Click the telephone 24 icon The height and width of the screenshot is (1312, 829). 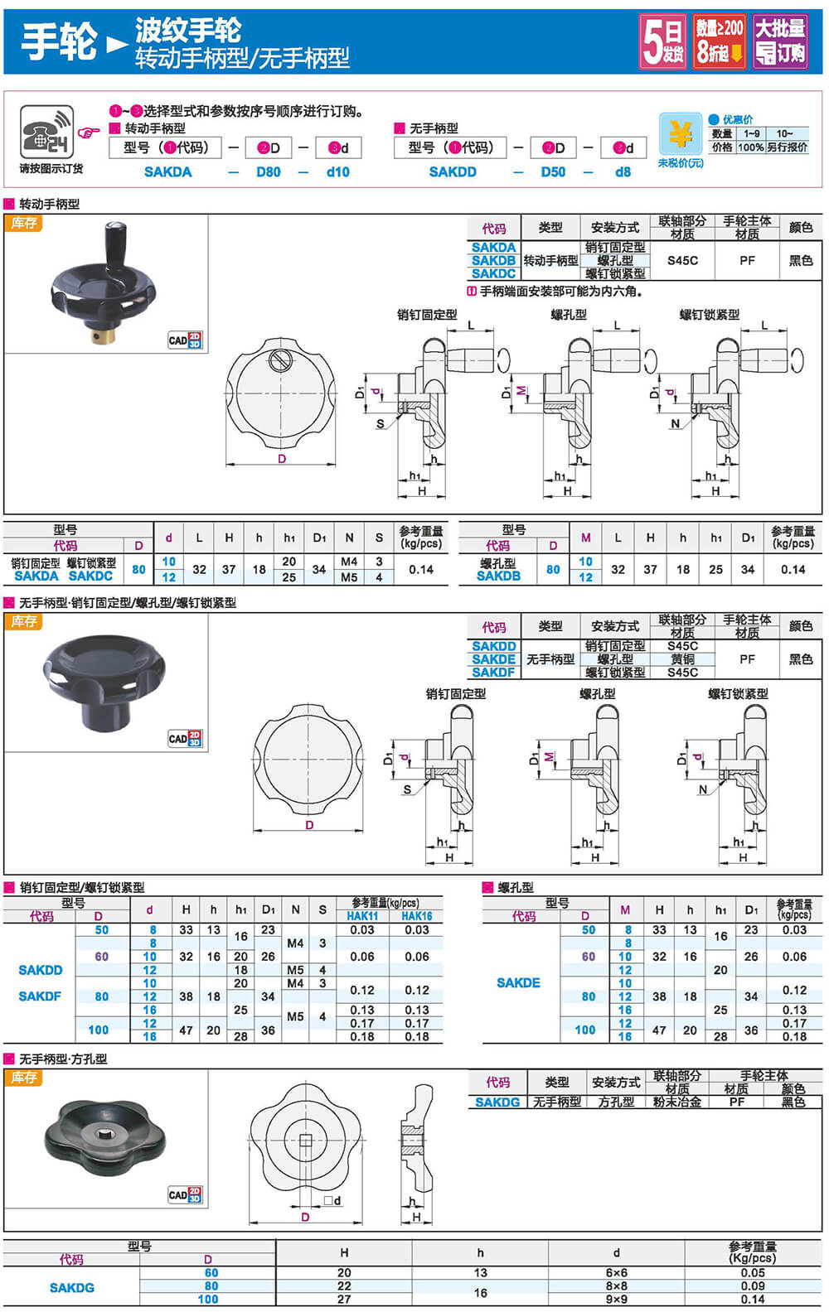tap(47, 132)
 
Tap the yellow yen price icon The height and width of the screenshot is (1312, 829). tap(680, 134)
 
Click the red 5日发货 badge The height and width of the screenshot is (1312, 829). tap(663, 41)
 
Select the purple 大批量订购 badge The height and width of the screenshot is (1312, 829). tap(780, 41)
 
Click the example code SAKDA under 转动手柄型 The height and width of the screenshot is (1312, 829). tap(168, 172)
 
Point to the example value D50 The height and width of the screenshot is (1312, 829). tap(553, 172)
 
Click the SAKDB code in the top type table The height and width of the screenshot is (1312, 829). tap(493, 261)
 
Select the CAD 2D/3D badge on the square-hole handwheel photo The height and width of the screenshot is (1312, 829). tap(185, 1195)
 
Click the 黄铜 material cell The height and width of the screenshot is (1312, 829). tap(682, 659)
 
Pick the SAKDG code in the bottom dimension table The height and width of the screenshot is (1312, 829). tap(71, 1287)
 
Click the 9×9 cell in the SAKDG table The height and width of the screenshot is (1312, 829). tap(616, 1299)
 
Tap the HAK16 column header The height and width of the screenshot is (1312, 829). tap(416, 916)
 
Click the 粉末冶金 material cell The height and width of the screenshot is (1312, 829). tap(677, 1102)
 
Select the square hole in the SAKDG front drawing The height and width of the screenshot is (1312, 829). tap(305, 1140)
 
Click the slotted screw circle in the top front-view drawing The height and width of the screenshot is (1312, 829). tap(280, 359)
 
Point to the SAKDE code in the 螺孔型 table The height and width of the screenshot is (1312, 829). tap(518, 983)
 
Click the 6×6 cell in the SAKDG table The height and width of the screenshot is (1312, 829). tap(616, 1273)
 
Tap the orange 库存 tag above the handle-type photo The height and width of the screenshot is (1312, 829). tap(23, 223)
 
